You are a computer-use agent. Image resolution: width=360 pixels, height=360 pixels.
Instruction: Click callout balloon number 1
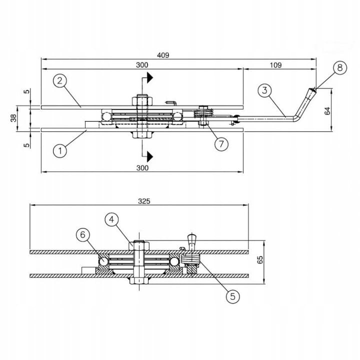pyautogui.click(x=59, y=150)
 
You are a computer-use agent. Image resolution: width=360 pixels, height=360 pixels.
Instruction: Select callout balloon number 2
pyautogui.click(x=59, y=80)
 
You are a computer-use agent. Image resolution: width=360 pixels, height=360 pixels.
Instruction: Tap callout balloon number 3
pyautogui.click(x=265, y=90)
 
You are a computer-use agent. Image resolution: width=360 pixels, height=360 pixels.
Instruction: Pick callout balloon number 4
pyautogui.click(x=112, y=219)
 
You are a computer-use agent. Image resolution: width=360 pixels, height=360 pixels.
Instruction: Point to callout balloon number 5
pyautogui.click(x=232, y=296)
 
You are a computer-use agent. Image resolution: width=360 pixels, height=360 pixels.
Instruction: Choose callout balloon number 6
pyautogui.click(x=83, y=234)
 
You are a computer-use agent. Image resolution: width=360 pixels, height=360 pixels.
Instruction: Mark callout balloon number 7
pyautogui.click(x=221, y=144)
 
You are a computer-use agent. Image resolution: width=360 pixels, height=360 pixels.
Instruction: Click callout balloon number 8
pyautogui.click(x=339, y=68)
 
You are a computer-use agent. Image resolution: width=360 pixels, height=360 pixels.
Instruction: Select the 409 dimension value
pyautogui.click(x=163, y=55)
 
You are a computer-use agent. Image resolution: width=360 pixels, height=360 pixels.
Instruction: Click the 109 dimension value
pyautogui.click(x=275, y=65)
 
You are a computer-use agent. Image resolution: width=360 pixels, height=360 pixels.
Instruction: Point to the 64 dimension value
pyautogui.click(x=328, y=110)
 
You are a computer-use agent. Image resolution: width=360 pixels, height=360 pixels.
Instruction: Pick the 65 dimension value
pyautogui.click(x=260, y=259)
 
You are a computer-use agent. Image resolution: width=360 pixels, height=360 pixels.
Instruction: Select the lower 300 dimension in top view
pyautogui.click(x=142, y=168)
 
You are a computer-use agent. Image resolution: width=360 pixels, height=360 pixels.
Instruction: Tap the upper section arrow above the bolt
pyautogui.click(x=149, y=77)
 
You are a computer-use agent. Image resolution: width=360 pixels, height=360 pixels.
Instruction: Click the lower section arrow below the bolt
pyautogui.click(x=149, y=157)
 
